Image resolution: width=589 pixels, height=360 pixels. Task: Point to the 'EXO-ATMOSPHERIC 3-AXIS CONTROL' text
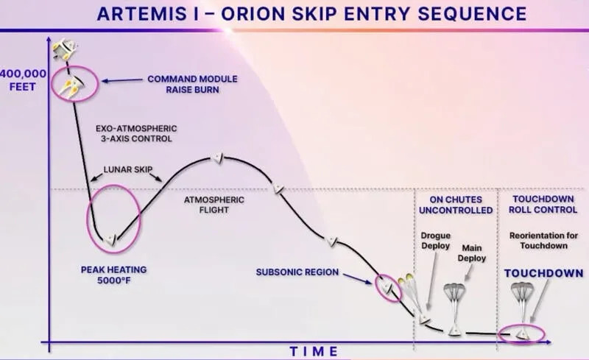click(137, 133)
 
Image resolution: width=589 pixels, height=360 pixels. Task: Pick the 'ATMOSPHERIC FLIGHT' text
click(208, 205)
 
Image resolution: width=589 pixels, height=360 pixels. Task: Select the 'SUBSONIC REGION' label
click(297, 272)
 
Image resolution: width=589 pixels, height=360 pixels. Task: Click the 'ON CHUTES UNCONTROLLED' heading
click(455, 205)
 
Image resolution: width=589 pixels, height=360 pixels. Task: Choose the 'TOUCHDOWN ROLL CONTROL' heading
click(546, 205)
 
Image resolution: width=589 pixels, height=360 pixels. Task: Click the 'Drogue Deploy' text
click(435, 241)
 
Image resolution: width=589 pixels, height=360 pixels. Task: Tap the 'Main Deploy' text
click(472, 254)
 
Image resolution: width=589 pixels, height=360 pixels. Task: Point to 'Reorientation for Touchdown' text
click(545, 240)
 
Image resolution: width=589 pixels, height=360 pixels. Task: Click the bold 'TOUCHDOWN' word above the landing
click(544, 273)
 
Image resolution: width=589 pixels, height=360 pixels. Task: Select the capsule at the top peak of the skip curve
click(217, 158)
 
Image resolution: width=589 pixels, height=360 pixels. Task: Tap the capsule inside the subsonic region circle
click(384, 285)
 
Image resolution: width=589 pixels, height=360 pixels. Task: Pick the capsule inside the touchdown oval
click(522, 333)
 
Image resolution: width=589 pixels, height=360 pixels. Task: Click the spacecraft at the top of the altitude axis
click(63, 49)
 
